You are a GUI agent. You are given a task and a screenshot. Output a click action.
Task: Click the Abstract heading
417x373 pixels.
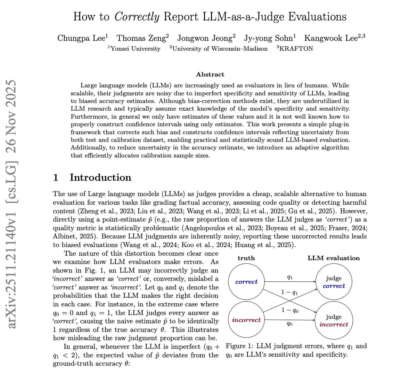[x=210, y=74]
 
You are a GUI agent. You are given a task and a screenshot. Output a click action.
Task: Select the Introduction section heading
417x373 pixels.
[x=100, y=178]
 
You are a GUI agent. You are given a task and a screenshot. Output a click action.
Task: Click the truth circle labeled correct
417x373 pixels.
[x=246, y=282]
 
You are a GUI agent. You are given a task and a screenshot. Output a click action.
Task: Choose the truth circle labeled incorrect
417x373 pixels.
[x=246, y=320]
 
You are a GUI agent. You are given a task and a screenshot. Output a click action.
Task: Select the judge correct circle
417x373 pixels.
[x=334, y=282]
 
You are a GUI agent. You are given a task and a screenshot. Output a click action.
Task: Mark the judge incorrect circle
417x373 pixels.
[x=334, y=320]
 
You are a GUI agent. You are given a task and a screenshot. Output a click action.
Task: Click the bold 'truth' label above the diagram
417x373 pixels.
[x=246, y=258]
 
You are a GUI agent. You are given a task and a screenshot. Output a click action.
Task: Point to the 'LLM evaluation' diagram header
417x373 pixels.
[x=334, y=258]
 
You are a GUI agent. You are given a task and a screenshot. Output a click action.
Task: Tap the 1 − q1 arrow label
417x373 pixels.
[x=290, y=292]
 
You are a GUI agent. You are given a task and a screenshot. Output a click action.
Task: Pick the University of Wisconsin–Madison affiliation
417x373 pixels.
[x=219, y=49]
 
